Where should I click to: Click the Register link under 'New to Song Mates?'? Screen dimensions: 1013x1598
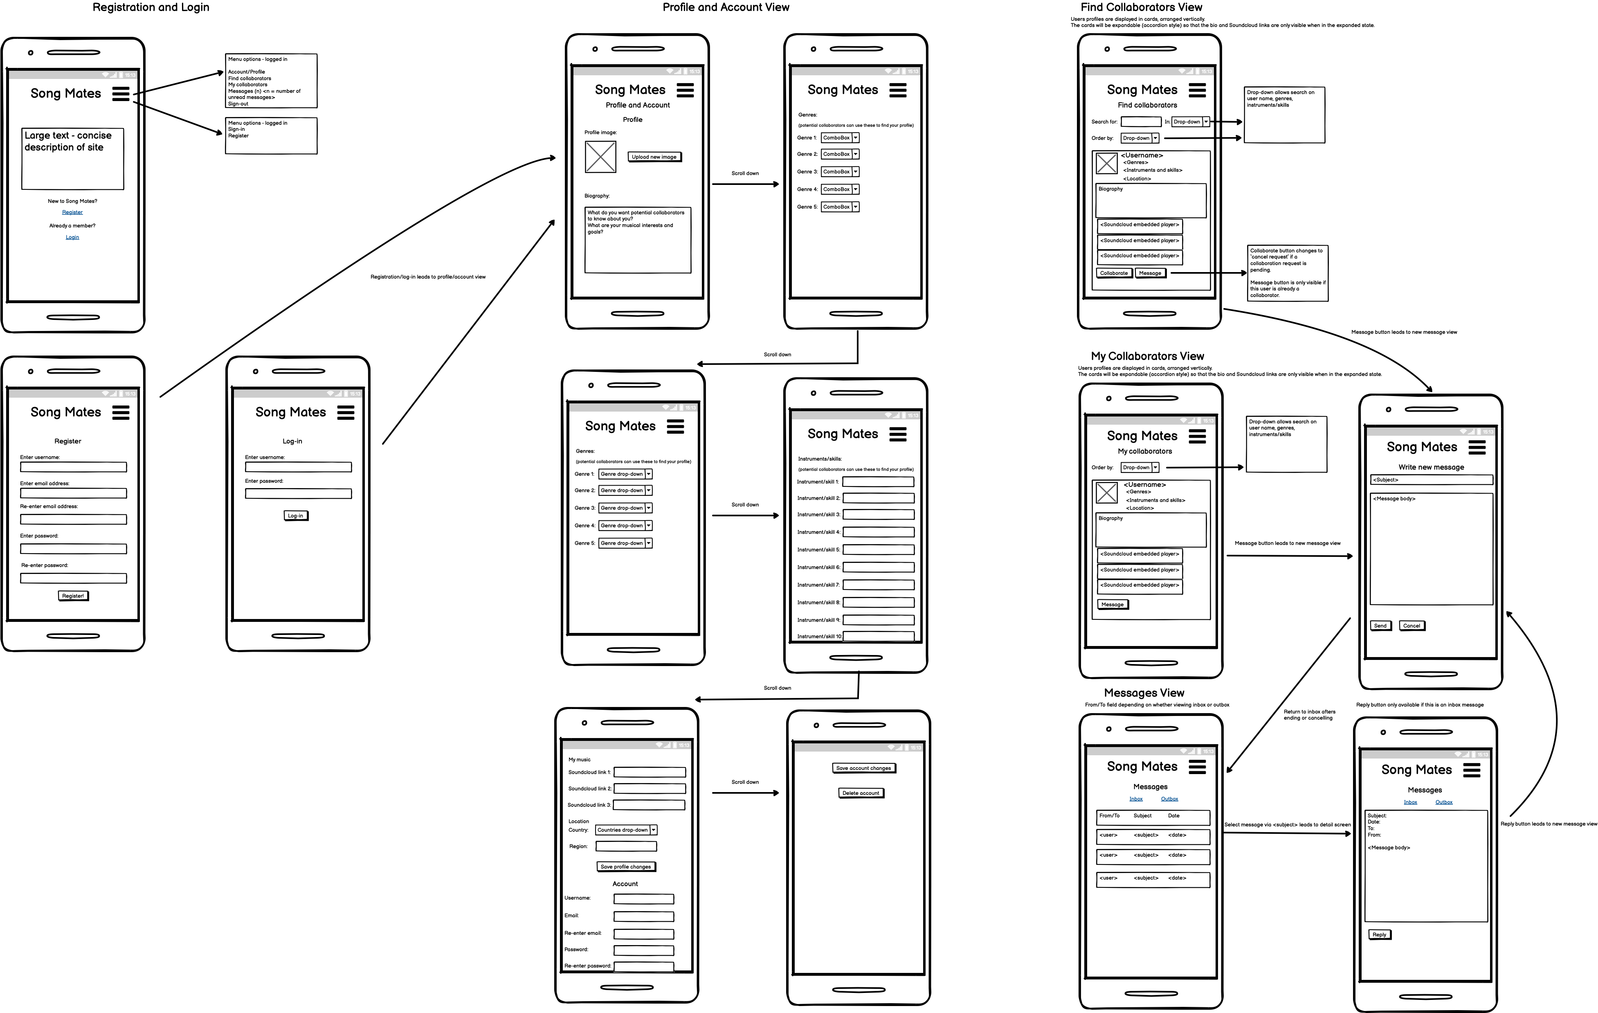click(x=72, y=212)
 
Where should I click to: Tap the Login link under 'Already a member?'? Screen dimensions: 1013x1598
click(x=72, y=237)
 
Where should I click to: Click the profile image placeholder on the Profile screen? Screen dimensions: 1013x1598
click(x=600, y=158)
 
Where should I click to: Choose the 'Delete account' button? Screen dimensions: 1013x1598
click(x=861, y=793)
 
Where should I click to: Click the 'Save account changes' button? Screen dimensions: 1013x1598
click(x=863, y=768)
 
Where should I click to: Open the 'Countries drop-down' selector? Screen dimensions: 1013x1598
click(x=626, y=830)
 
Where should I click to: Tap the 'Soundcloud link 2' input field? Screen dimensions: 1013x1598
click(x=650, y=789)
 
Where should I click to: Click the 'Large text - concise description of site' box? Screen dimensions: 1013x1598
click(x=73, y=159)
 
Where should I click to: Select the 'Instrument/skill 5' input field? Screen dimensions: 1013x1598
click(x=878, y=549)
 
